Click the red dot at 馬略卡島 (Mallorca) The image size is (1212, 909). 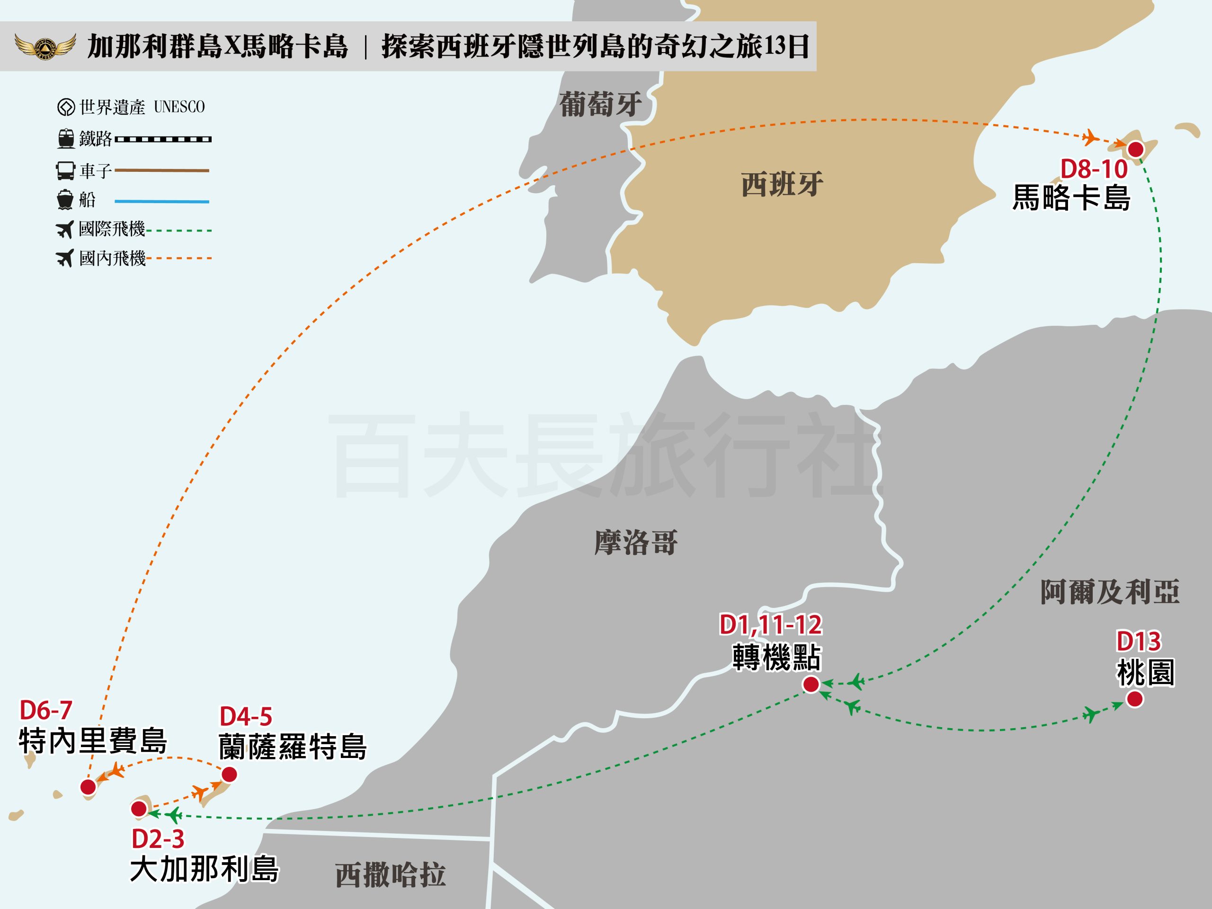tap(1136, 149)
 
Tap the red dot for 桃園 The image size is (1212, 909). tap(1135, 699)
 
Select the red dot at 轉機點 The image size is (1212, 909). tap(811, 684)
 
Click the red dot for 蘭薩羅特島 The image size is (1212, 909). tap(229, 774)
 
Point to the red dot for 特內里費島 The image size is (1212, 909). tap(88, 787)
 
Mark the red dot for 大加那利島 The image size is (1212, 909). tap(139, 808)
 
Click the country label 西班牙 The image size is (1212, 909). tap(782, 185)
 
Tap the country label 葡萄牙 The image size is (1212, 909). tap(600, 104)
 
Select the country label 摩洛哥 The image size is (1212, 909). tap(635, 543)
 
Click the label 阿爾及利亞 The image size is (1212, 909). tap(1110, 592)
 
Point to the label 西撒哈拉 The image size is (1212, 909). tap(390, 875)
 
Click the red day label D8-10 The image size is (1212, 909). tap(1094, 169)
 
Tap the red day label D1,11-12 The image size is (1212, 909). tap(770, 624)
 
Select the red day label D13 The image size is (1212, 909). tap(1139, 641)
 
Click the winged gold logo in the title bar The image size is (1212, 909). tap(45, 46)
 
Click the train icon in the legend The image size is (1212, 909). tap(66, 139)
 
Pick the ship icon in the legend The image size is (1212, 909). tap(65, 200)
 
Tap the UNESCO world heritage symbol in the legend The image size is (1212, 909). tap(66, 107)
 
